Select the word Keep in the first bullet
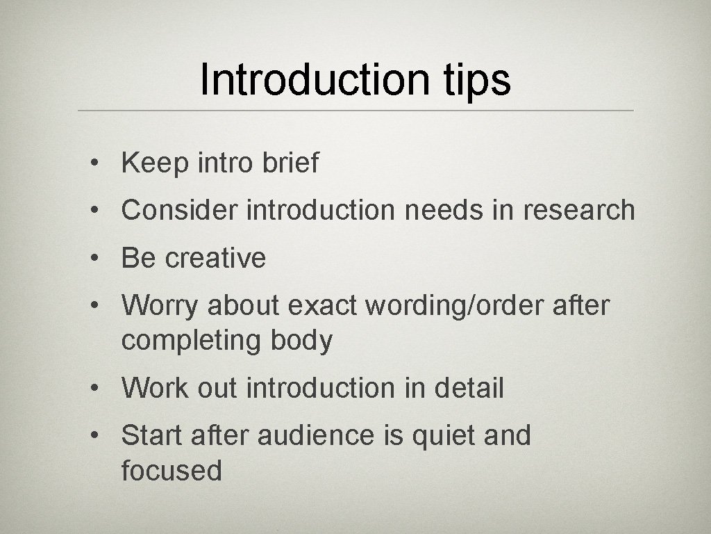tap(153, 163)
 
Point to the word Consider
tap(179, 210)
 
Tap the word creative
tap(215, 258)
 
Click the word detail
tap(469, 388)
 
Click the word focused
tap(172, 471)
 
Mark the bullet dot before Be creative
tap(92, 259)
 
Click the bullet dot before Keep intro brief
tap(92, 164)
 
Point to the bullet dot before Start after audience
tap(92, 437)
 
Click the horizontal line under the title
tap(355, 111)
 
